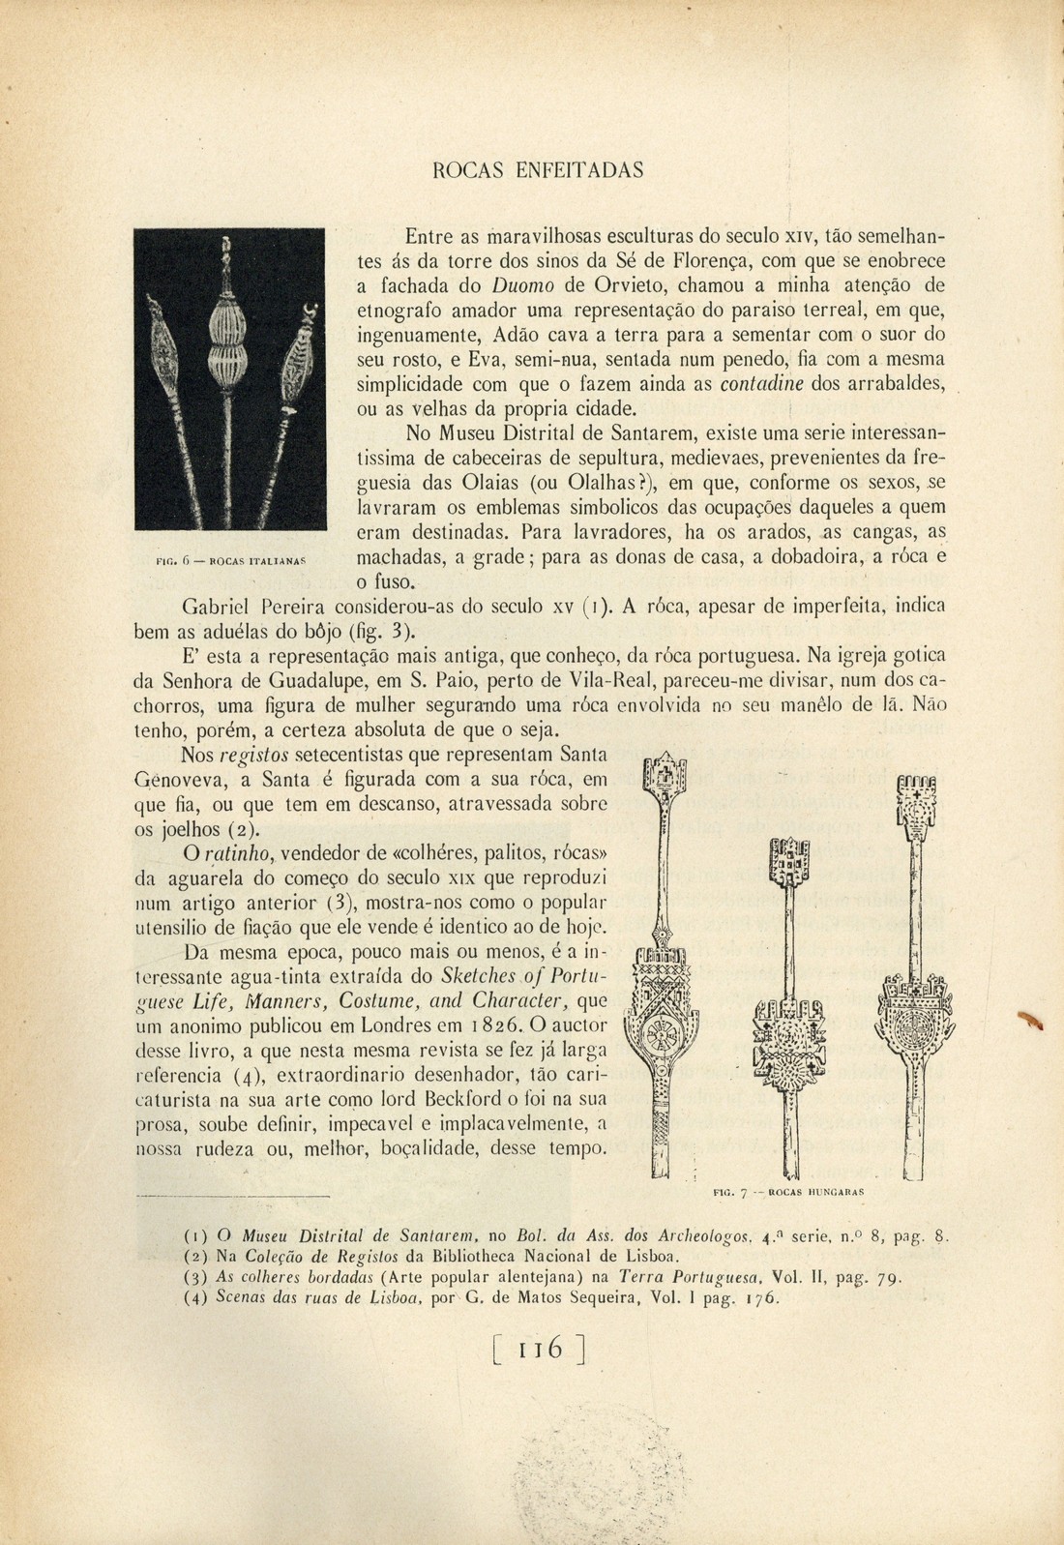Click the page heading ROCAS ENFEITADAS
(537, 170)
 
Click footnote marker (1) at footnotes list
(194, 1235)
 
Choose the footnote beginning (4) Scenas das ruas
(484, 1299)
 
